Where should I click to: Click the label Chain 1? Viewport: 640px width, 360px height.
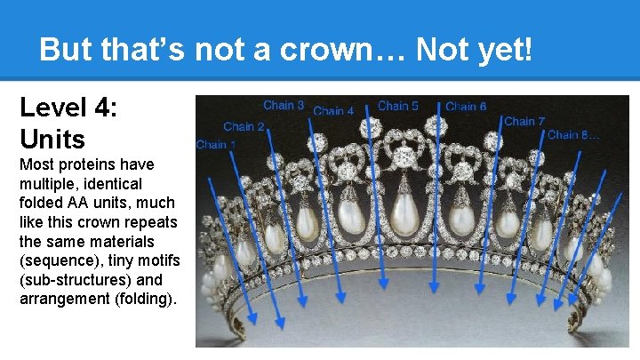coord(216,144)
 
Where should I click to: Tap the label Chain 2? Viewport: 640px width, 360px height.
coord(244,127)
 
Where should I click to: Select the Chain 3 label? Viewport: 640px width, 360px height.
coord(284,106)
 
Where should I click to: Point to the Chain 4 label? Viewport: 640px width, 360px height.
coord(334,111)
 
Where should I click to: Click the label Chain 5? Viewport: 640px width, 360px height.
coord(398,106)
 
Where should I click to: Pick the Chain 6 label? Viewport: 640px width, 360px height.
coord(466,107)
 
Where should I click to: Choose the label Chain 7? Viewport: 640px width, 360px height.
coord(524,121)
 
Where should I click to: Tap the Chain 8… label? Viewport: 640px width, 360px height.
coord(573,135)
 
